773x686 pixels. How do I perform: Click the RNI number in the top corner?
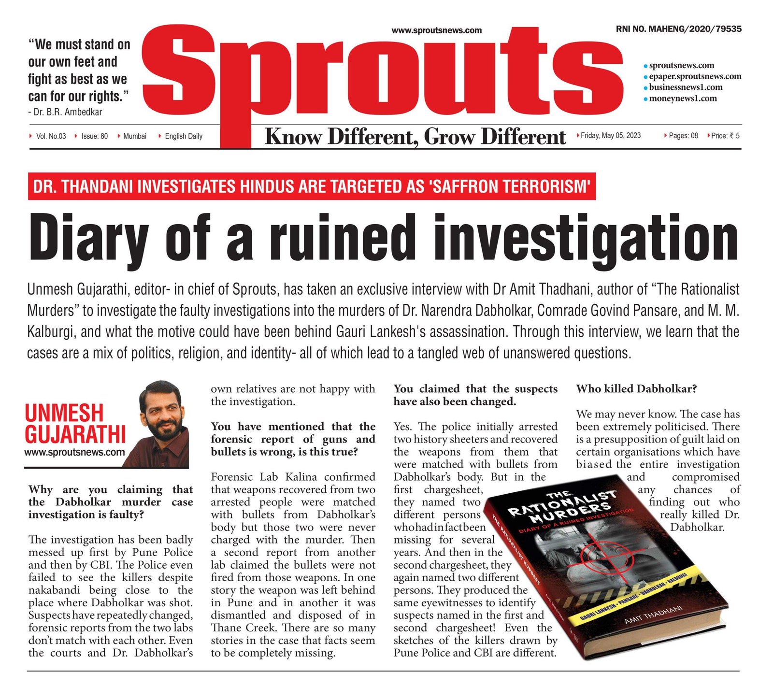678,29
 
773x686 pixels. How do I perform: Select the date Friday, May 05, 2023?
611,136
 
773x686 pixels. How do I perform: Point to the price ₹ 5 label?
725,136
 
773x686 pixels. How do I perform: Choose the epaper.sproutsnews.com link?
695,76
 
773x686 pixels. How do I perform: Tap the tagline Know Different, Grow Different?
415,137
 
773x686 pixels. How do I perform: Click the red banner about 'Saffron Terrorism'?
312,186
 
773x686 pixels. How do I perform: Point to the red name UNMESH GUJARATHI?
75,423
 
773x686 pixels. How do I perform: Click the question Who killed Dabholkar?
636,389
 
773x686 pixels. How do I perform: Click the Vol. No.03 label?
51,136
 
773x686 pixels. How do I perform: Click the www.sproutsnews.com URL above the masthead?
436,30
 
